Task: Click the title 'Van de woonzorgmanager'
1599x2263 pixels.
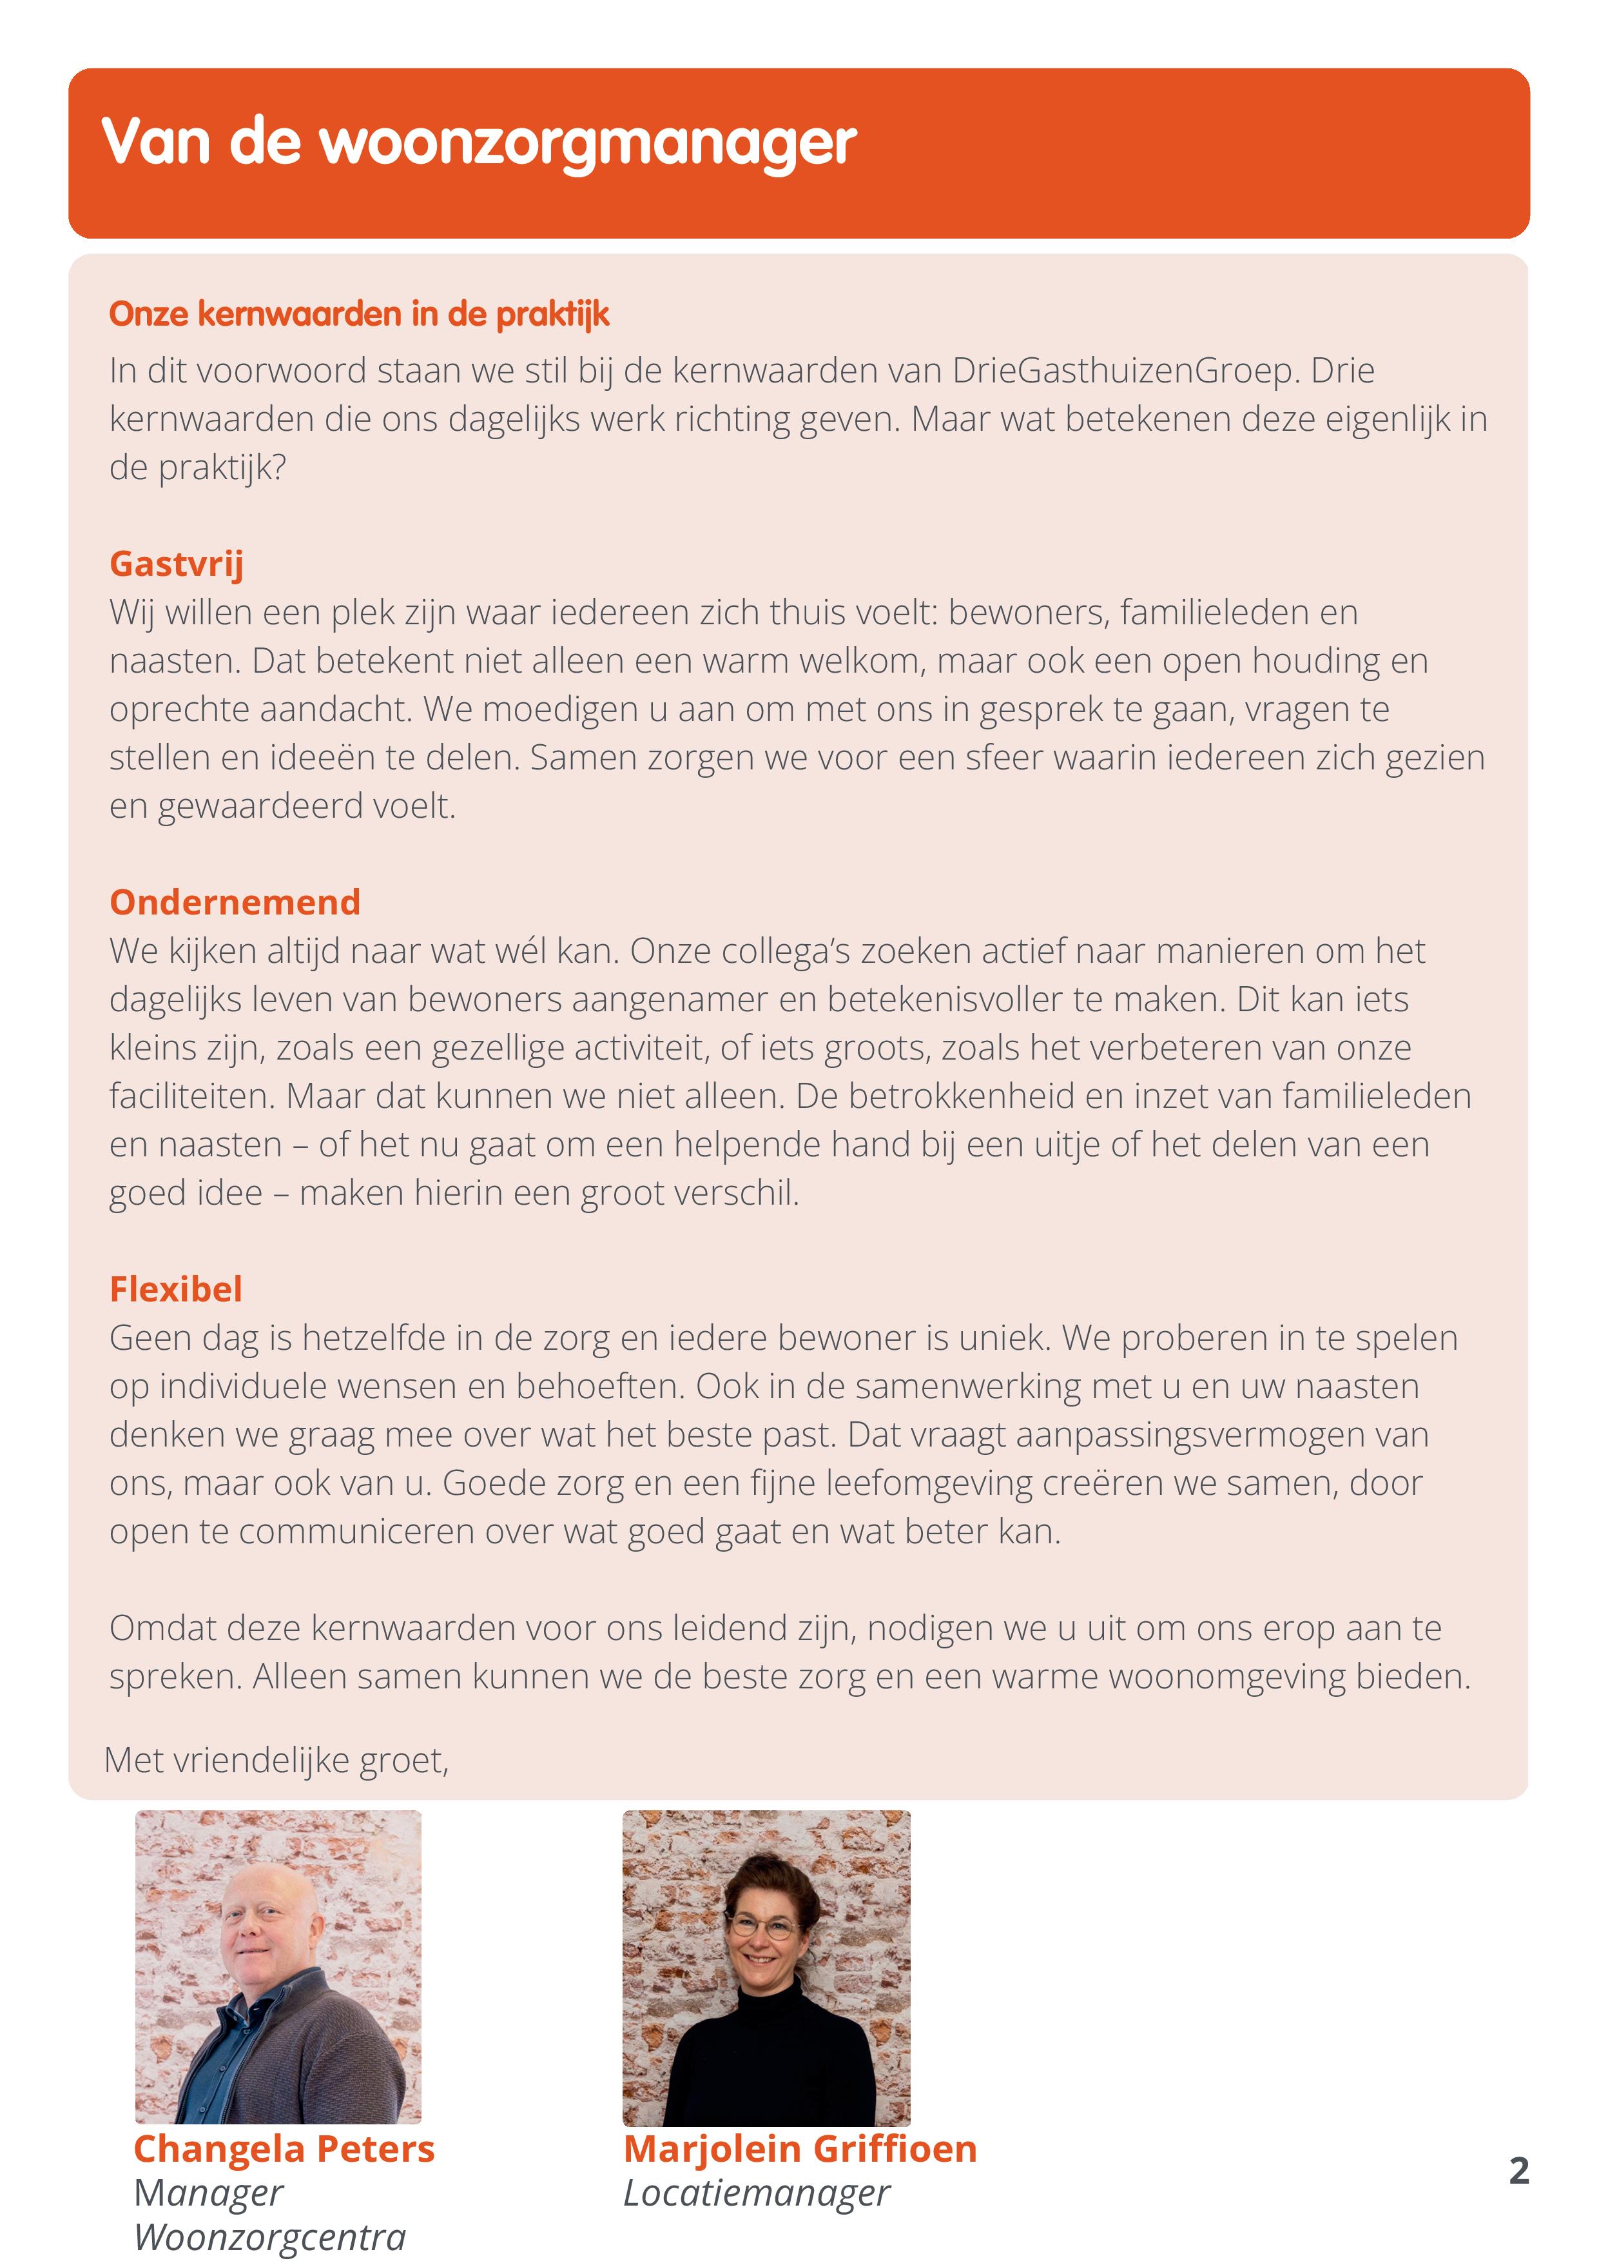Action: click(x=479, y=143)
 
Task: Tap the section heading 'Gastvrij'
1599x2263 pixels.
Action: click(x=177, y=564)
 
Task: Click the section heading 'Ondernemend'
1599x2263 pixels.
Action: click(x=235, y=902)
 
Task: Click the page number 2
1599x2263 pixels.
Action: click(x=1518, y=2170)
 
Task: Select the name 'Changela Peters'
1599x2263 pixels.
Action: click(x=284, y=2149)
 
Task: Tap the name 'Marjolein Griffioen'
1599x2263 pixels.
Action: click(x=800, y=2149)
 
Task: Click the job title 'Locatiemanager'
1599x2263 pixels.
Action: click(x=755, y=2193)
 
